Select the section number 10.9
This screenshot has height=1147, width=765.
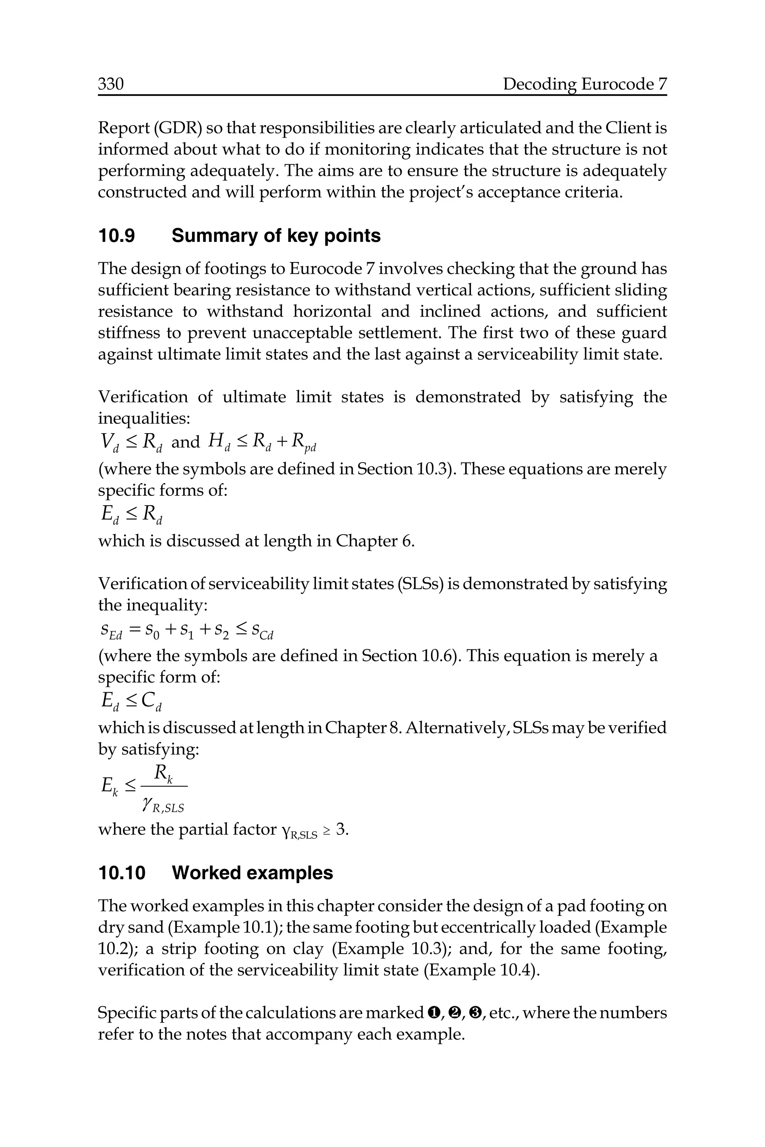pyautogui.click(x=117, y=236)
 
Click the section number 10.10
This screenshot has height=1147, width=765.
pyautogui.click(x=122, y=873)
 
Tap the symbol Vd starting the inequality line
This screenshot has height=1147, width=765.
pyautogui.click(x=109, y=443)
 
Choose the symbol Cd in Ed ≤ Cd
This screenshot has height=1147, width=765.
pyautogui.click(x=151, y=703)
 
